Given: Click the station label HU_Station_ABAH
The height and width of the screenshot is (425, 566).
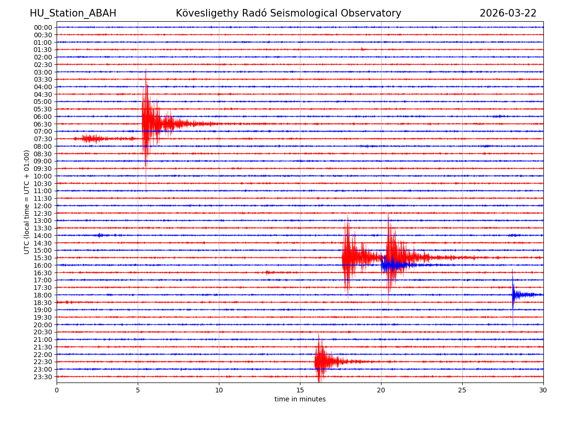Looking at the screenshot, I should [x=73, y=13].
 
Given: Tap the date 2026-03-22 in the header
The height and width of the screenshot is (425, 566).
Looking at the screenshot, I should [x=508, y=13].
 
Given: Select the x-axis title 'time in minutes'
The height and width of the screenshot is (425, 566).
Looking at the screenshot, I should [x=300, y=399].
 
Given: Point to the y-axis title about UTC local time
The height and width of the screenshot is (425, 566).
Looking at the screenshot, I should [x=27, y=202].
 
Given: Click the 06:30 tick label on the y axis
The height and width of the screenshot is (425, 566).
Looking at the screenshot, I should [x=43, y=124].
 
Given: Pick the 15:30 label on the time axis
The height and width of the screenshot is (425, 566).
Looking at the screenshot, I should [x=43, y=258].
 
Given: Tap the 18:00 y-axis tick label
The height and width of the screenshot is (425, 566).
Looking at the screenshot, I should [x=43, y=295].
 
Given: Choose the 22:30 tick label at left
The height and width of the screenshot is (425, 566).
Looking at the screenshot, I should [x=43, y=362].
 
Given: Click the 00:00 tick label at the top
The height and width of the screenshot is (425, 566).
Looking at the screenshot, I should [x=43, y=27].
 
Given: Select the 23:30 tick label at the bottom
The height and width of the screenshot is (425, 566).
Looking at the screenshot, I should [x=43, y=377].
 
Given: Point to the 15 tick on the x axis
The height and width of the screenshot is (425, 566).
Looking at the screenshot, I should [x=300, y=390].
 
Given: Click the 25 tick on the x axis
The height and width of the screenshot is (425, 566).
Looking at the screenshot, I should [x=462, y=390].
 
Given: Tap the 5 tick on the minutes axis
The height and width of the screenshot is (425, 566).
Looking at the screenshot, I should [x=138, y=390].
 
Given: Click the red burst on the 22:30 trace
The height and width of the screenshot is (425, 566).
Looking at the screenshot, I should [x=321, y=361].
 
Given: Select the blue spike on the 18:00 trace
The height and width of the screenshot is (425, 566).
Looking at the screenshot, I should [x=513, y=295].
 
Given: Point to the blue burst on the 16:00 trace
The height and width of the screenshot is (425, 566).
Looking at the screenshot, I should [x=391, y=264].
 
